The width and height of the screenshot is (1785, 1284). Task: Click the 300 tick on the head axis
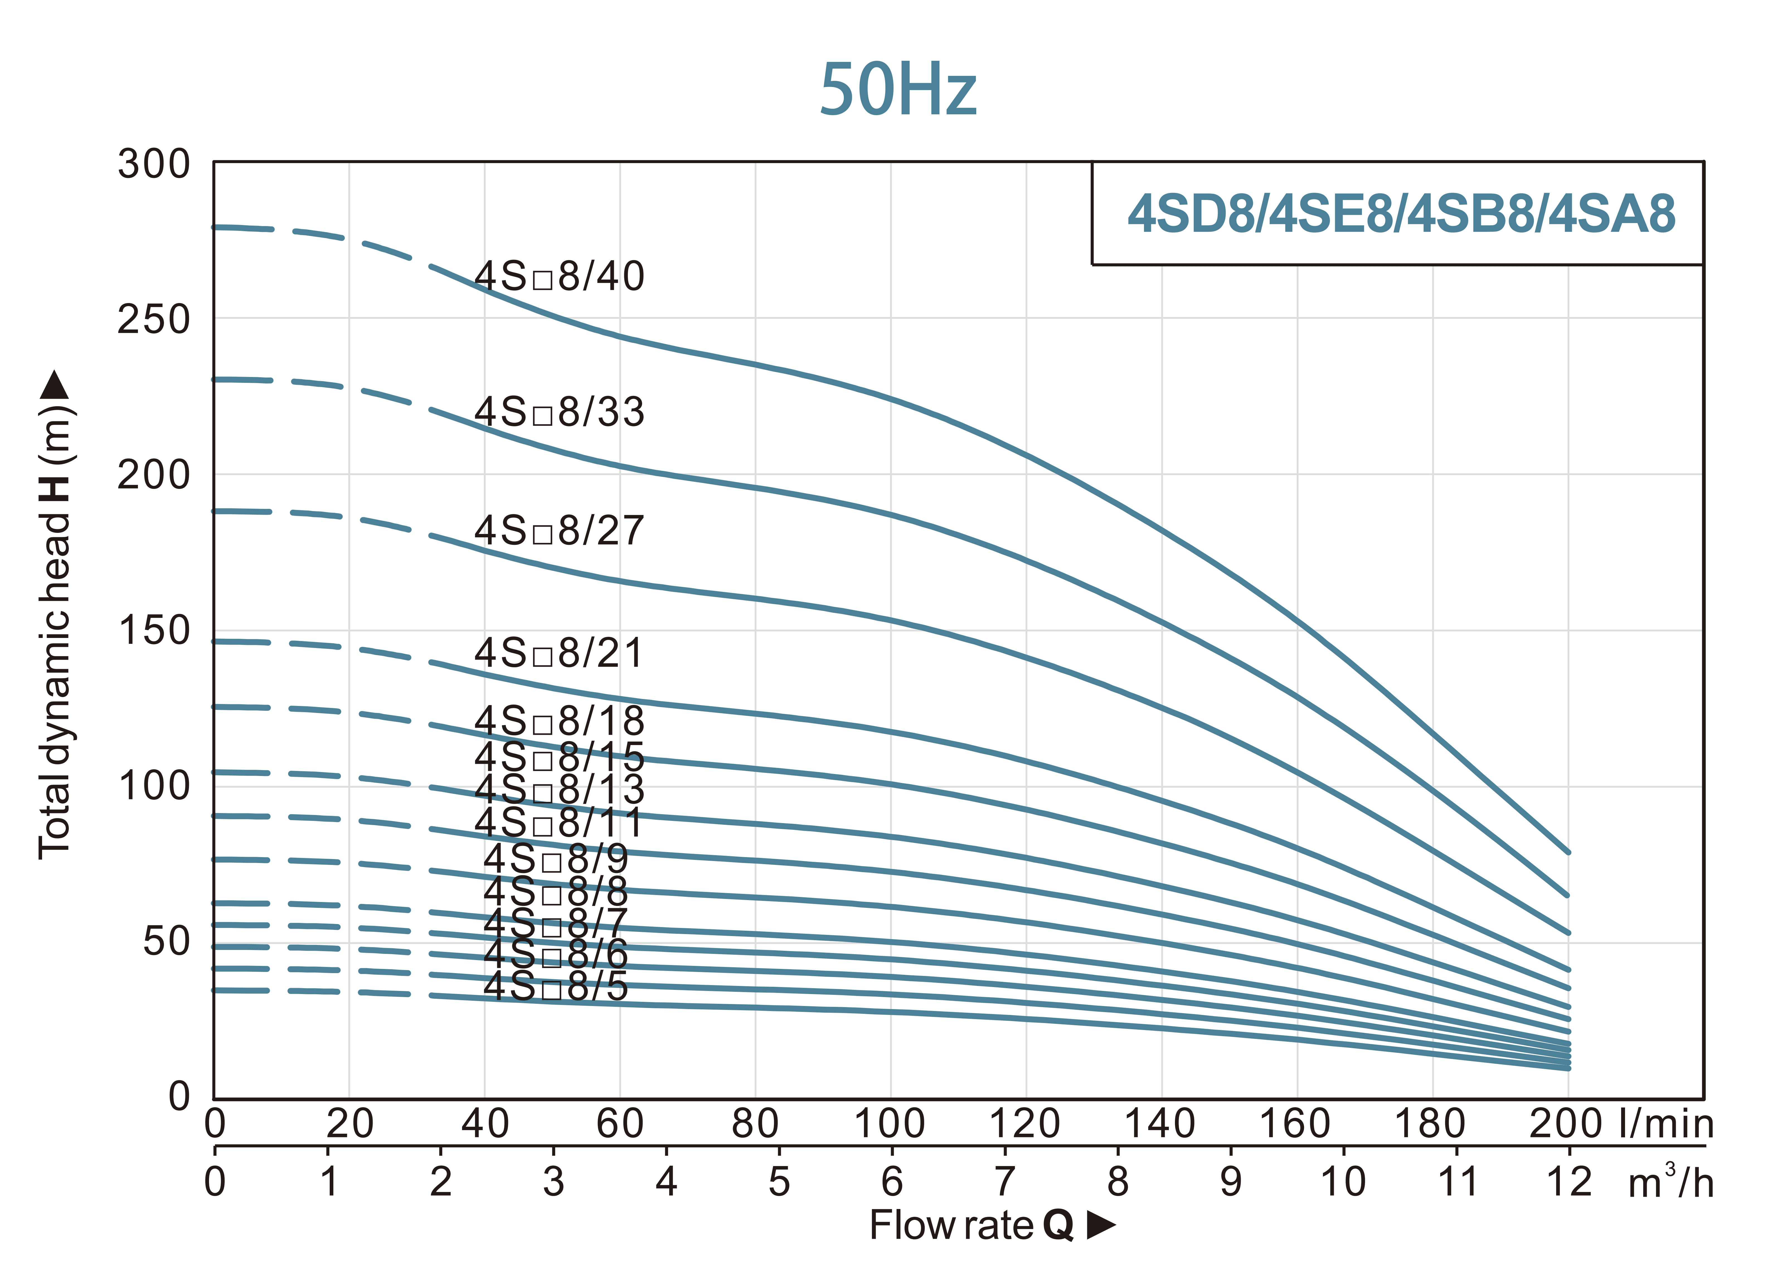click(x=154, y=165)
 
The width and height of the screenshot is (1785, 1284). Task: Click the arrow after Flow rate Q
click(x=1101, y=1225)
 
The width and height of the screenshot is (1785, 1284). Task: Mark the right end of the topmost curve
click(x=1568, y=852)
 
